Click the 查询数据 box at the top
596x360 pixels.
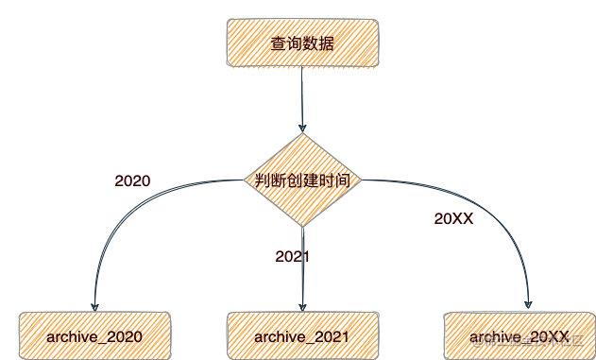pos(301,43)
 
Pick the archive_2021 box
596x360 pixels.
pos(302,336)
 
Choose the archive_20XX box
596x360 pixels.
pos(519,336)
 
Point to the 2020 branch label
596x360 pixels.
pos(132,180)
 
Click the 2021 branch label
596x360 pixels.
pos(293,256)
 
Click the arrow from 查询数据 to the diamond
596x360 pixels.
pos(302,99)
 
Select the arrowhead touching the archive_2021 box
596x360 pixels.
pos(302,309)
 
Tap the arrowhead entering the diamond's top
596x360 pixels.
pos(302,129)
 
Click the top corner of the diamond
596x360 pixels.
pos(302,135)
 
